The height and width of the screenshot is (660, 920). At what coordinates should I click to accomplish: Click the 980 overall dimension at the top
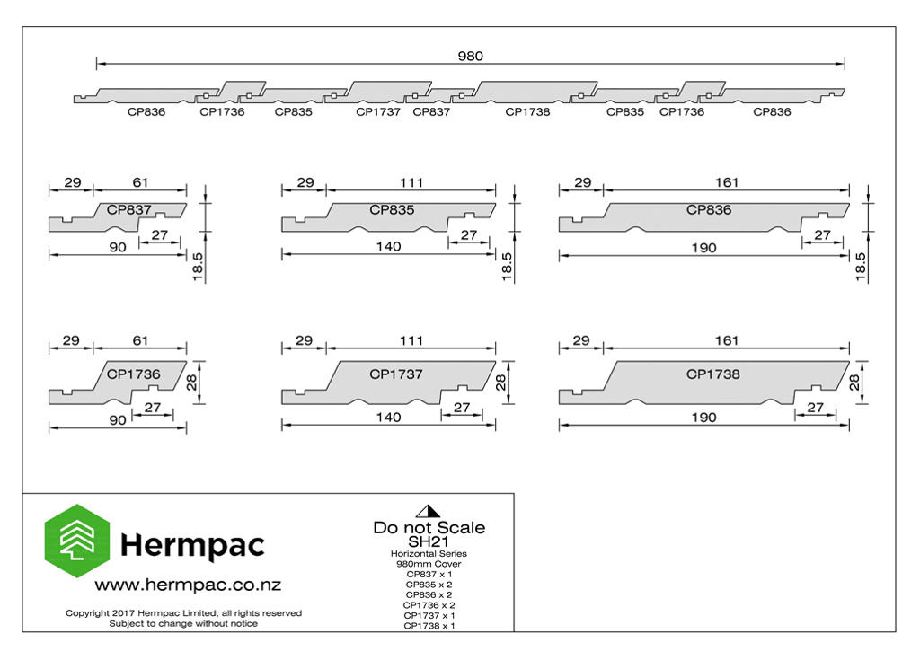tap(471, 57)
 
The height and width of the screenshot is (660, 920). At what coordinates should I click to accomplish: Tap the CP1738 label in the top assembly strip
tap(528, 112)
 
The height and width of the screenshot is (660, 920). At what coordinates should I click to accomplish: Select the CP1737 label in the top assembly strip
tap(378, 112)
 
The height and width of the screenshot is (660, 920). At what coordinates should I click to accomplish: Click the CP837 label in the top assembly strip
tap(431, 112)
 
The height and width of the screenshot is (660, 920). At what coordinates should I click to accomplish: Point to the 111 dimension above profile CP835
tap(411, 183)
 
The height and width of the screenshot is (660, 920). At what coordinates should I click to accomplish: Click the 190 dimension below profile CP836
tap(704, 248)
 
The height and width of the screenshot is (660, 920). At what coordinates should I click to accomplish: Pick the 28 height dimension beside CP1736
tap(192, 383)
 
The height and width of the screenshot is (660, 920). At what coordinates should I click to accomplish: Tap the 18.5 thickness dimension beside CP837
tap(198, 267)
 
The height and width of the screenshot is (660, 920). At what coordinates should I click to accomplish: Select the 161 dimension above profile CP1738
tap(726, 341)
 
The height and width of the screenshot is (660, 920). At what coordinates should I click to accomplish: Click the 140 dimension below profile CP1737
tap(388, 418)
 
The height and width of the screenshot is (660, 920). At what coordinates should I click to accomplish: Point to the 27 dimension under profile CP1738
tap(816, 408)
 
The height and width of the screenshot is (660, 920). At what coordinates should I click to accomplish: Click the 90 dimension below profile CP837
tap(118, 248)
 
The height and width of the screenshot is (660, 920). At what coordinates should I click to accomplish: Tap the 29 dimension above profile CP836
tap(582, 183)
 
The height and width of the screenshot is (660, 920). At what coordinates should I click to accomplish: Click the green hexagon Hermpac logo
tap(77, 541)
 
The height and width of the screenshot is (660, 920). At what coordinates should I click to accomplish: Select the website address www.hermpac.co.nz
tap(188, 585)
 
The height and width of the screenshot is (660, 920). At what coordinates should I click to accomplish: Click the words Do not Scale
tap(429, 527)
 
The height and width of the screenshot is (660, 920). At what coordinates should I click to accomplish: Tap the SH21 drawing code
tap(429, 542)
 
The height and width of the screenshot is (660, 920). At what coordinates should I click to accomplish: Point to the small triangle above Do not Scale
tap(428, 511)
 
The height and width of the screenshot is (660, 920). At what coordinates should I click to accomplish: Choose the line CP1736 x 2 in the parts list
tap(429, 605)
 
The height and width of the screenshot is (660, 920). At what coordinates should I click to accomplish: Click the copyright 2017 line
tap(183, 613)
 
